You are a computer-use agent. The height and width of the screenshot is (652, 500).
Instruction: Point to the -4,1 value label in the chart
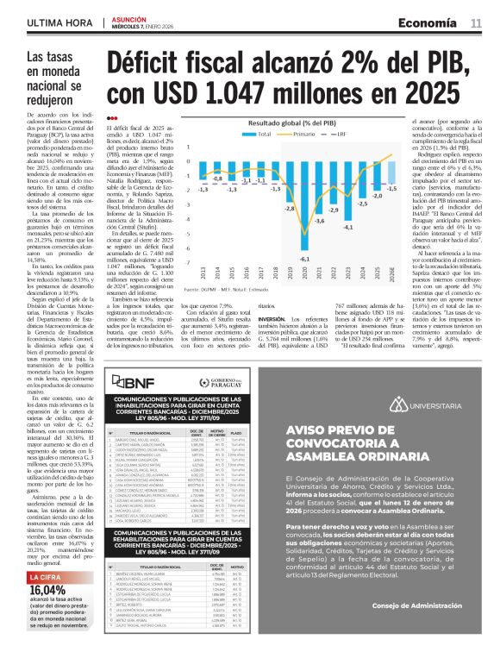(x=372, y=227)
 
